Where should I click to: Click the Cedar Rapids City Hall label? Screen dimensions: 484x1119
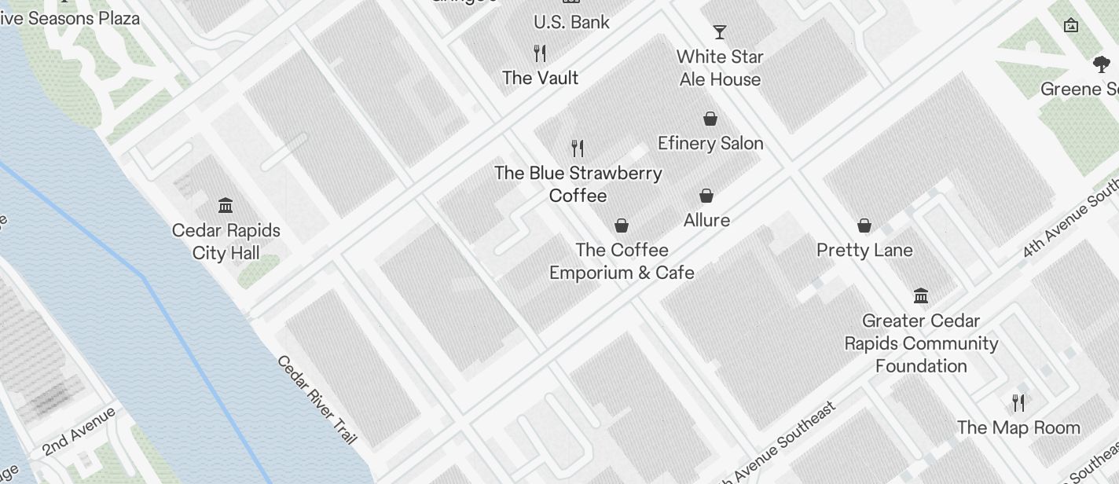[x=226, y=242]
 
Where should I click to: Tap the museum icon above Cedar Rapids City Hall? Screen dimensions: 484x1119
[x=226, y=205]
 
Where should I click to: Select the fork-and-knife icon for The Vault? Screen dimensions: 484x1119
[x=540, y=53]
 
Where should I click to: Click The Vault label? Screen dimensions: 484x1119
[x=540, y=78]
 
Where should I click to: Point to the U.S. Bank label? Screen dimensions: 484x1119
[x=571, y=22]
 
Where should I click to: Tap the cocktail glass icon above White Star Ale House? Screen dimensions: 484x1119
[x=719, y=32]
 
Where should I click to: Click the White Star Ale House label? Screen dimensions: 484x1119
[x=720, y=68]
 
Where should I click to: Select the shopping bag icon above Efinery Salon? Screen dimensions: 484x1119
[x=710, y=119]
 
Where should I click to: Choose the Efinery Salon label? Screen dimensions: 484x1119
[x=710, y=143]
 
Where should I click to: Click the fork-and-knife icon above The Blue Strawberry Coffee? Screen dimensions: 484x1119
[x=578, y=148]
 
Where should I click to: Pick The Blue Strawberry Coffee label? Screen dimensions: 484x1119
[x=578, y=184]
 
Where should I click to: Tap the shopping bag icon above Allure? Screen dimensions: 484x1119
[x=706, y=196]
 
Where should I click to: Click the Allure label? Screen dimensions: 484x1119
[x=706, y=220]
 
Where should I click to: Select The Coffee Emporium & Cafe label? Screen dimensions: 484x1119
[x=622, y=261]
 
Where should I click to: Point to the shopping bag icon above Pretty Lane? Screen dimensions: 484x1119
[x=864, y=226]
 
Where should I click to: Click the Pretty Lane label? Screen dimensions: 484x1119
[x=864, y=250]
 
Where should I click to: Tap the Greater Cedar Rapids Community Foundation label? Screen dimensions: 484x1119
[x=921, y=343]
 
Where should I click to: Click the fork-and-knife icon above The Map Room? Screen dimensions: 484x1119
[x=1018, y=403]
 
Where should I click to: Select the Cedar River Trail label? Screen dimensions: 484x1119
[x=317, y=400]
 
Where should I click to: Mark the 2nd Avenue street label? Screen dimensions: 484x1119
[x=79, y=431]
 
